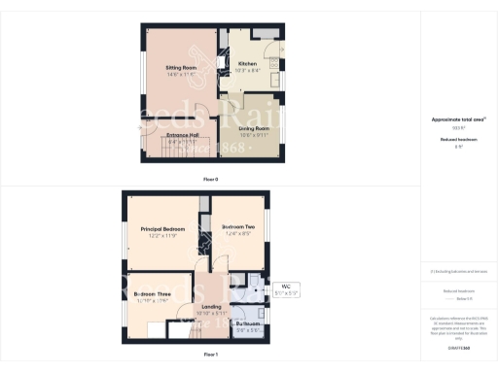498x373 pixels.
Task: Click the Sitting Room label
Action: pyautogui.click(x=181, y=67)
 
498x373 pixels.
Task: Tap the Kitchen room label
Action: pyautogui.click(x=247, y=64)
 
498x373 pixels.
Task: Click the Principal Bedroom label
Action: pyautogui.click(x=156, y=228)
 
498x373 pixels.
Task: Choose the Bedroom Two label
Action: pyautogui.click(x=238, y=227)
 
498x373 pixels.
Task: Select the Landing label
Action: pyautogui.click(x=211, y=306)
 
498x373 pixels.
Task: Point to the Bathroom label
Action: pyautogui.click(x=249, y=324)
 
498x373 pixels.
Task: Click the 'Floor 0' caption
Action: pyautogui.click(x=211, y=180)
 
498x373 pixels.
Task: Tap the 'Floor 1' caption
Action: pyautogui.click(x=211, y=356)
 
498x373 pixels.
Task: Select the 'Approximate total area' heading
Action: pyautogui.click(x=458, y=119)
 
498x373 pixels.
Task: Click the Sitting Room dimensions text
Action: pyautogui.click(x=181, y=74)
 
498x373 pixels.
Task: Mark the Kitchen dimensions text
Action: pyautogui.click(x=247, y=71)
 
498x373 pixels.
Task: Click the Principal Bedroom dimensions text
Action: pyautogui.click(x=156, y=235)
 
